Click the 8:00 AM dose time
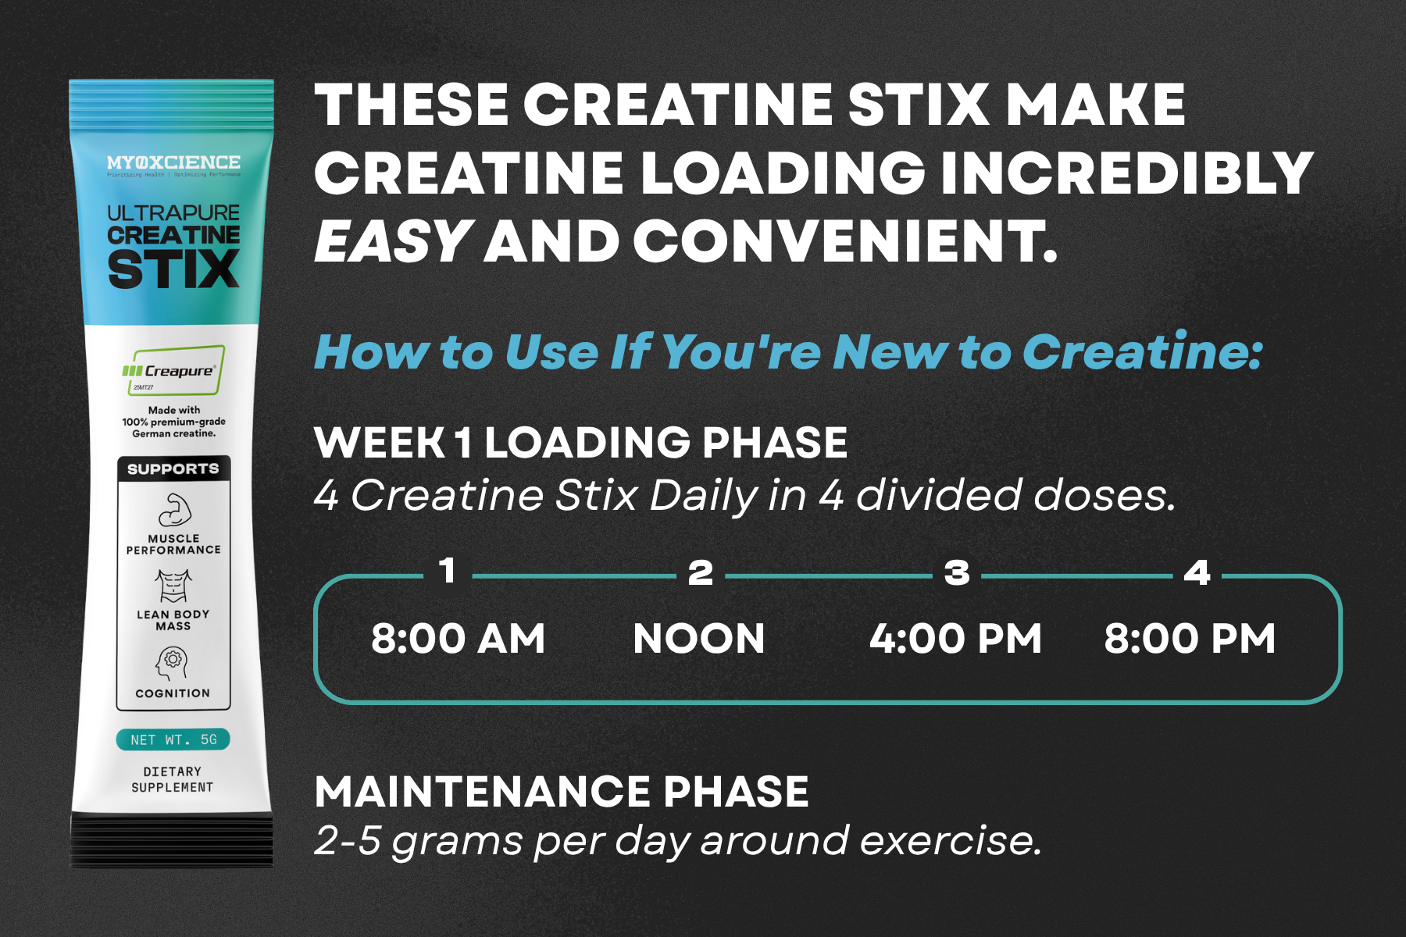pos(458,639)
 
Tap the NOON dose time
pos(699,639)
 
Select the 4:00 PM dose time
pos(955,639)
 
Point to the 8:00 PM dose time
pos(1190,639)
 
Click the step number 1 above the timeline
pos(448,571)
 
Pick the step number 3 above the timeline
pos(957,573)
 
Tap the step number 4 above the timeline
pos(1197,573)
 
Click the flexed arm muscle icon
pos(174,510)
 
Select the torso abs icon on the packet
pos(173,586)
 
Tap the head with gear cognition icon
pos(173,663)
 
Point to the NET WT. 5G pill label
pos(173,739)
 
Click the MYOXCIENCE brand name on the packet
pos(173,162)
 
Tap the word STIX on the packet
pos(173,270)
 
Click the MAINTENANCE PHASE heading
pos(562,792)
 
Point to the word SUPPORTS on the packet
pos(173,468)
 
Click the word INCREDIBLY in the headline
pos(1126,173)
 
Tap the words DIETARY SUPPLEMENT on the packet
pos(173,779)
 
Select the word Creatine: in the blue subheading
pos(1142,352)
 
